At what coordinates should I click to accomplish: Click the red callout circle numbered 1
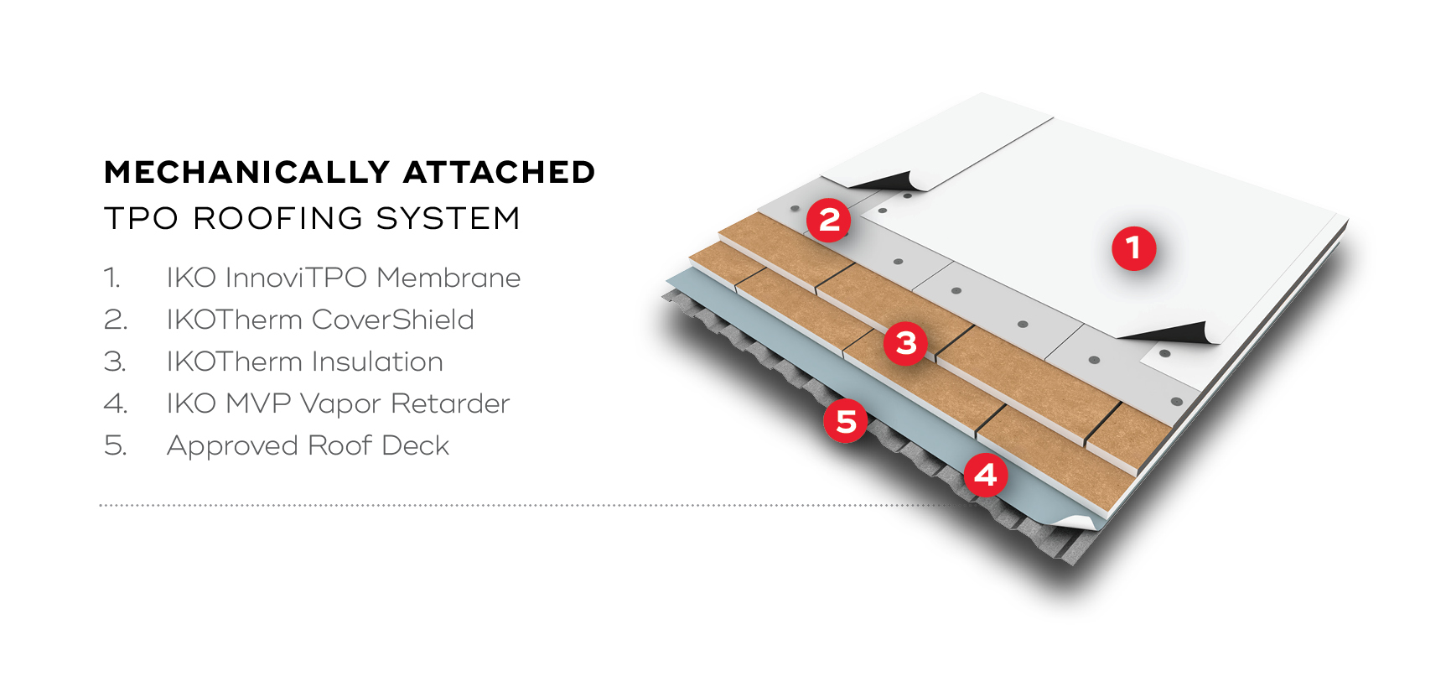click(1133, 248)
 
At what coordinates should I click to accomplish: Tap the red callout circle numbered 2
click(828, 220)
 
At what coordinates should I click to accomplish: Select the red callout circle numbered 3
click(905, 342)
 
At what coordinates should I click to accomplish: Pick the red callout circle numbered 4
click(985, 475)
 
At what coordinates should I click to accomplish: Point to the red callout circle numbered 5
click(845, 421)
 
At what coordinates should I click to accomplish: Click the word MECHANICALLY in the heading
click(246, 173)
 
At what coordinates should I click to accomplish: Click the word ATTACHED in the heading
click(499, 173)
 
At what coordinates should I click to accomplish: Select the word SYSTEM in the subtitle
click(448, 218)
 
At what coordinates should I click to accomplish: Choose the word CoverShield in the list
click(392, 320)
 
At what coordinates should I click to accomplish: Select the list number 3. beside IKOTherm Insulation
click(115, 362)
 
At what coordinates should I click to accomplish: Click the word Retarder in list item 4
click(450, 403)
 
